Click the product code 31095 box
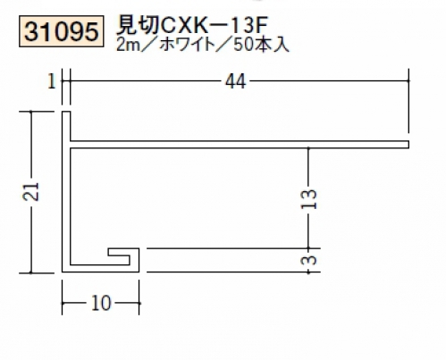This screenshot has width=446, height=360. (62, 31)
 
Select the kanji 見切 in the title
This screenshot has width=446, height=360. (137, 25)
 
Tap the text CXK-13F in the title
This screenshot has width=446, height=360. (211, 25)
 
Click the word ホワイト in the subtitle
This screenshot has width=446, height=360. (187, 45)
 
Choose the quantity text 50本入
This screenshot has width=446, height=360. (261, 45)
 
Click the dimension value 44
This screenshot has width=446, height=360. (235, 81)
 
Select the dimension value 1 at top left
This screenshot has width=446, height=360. (52, 81)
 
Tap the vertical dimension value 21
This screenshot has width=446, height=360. (31, 191)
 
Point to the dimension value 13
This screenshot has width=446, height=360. (308, 199)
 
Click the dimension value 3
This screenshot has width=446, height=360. (308, 260)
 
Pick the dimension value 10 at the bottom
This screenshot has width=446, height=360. (101, 304)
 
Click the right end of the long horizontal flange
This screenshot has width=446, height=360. (408, 145)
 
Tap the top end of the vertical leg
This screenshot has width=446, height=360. (66, 112)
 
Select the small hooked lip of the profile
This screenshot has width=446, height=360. (123, 256)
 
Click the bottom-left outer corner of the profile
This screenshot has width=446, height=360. (63, 272)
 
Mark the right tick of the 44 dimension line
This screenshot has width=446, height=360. (408, 80)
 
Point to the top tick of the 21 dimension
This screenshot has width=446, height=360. (31, 112)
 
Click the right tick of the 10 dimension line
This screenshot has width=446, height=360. (139, 304)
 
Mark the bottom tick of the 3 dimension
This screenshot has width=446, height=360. (308, 272)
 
